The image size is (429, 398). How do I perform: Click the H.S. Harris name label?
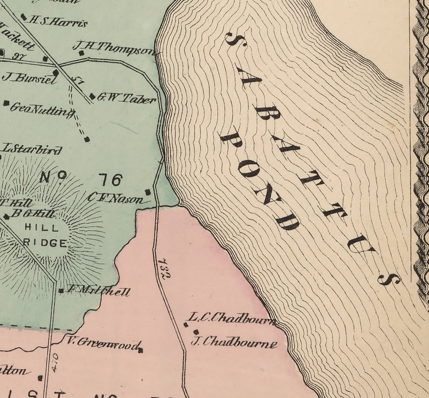pos(59,22)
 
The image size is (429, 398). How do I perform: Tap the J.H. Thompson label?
pos(114,49)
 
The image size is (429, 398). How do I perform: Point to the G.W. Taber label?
pos(126,99)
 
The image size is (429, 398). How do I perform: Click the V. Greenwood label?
pos(104,342)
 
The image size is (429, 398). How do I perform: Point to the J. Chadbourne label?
pos(234,342)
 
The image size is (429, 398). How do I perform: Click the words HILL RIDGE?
pos(45,235)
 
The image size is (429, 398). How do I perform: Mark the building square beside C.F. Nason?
pos(148,192)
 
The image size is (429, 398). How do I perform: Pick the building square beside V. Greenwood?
pos(141,351)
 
